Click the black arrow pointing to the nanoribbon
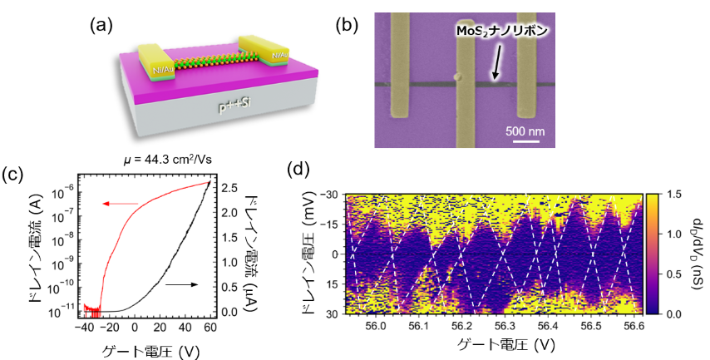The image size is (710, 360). pyautogui.click(x=499, y=62)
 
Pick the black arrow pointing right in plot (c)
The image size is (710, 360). pyautogui.click(x=182, y=284)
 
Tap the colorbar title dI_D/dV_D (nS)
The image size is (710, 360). pyautogui.click(x=695, y=254)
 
